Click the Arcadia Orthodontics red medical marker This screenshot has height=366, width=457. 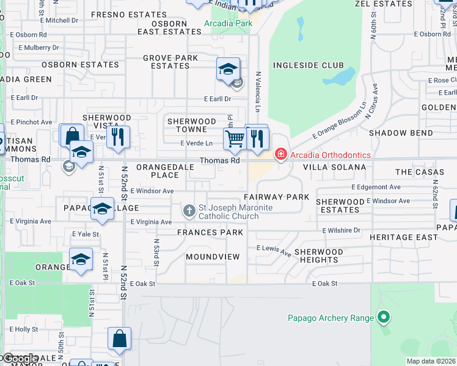coord(281,154)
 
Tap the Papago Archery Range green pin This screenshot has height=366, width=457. coord(384,317)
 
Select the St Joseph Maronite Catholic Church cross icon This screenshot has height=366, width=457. coord(189,212)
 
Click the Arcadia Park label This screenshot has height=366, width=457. coord(228,24)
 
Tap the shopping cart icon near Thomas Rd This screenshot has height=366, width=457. coord(235,139)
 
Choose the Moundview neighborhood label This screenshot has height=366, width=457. coord(213,257)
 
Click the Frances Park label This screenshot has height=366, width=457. coord(210,232)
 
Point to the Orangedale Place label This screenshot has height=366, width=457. coord(158,171)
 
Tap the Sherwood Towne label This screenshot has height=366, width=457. coord(192,125)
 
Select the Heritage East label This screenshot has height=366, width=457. coord(412,237)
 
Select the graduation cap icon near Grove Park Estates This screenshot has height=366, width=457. coord(228,70)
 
